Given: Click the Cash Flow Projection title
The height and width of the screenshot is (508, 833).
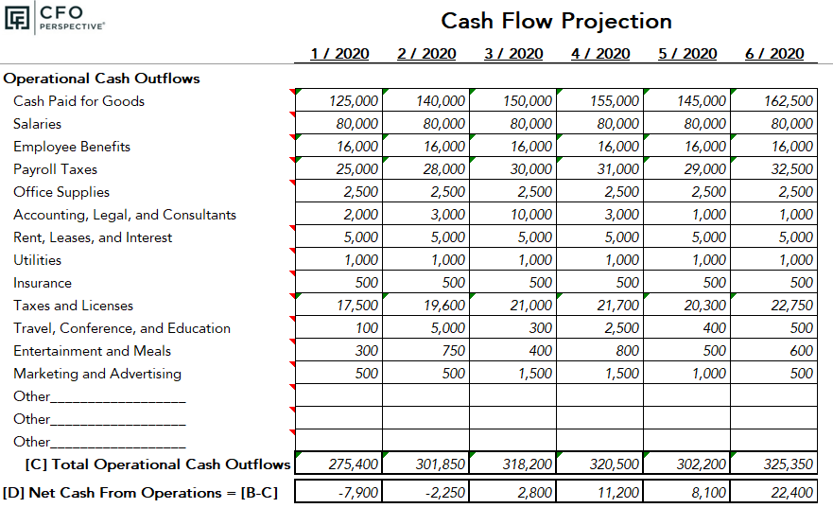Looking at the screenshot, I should pyautogui.click(x=556, y=21).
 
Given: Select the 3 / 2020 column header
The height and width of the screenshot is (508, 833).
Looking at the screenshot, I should pyautogui.click(x=513, y=54).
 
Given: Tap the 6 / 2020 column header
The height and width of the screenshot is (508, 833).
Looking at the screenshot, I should pyautogui.click(x=774, y=54).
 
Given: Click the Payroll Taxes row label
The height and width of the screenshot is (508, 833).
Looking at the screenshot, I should pyautogui.click(x=55, y=169).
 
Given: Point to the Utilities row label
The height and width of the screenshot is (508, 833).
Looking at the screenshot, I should pyautogui.click(x=37, y=260).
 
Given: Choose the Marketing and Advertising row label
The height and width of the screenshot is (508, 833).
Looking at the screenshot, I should pyautogui.click(x=96, y=374).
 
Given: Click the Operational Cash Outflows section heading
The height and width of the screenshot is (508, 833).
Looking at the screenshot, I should pyautogui.click(x=101, y=79).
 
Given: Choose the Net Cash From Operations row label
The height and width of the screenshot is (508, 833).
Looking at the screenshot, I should pyautogui.click(x=141, y=493).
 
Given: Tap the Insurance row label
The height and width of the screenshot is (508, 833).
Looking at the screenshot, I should pyautogui.click(x=42, y=283).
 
